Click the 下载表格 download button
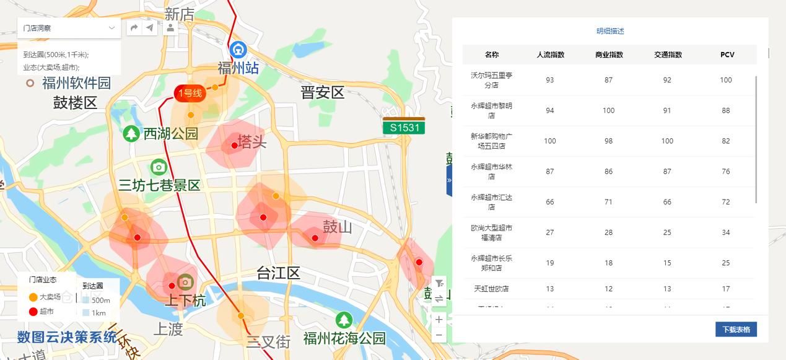(736, 329)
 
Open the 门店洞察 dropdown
(69, 28)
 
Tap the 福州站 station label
(238, 68)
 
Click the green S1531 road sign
(404, 128)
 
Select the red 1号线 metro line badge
(190, 94)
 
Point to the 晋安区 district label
(322, 93)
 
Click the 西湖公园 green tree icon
(131, 133)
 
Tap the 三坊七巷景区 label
(160, 185)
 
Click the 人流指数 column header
(550, 55)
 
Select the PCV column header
(727, 55)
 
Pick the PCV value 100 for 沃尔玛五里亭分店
(726, 80)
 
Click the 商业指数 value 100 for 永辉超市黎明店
(608, 110)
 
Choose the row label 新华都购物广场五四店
(491, 141)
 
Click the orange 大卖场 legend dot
(33, 297)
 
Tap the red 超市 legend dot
(33, 311)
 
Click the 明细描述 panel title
(610, 31)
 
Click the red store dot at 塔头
(234, 146)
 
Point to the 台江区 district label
(278, 273)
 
